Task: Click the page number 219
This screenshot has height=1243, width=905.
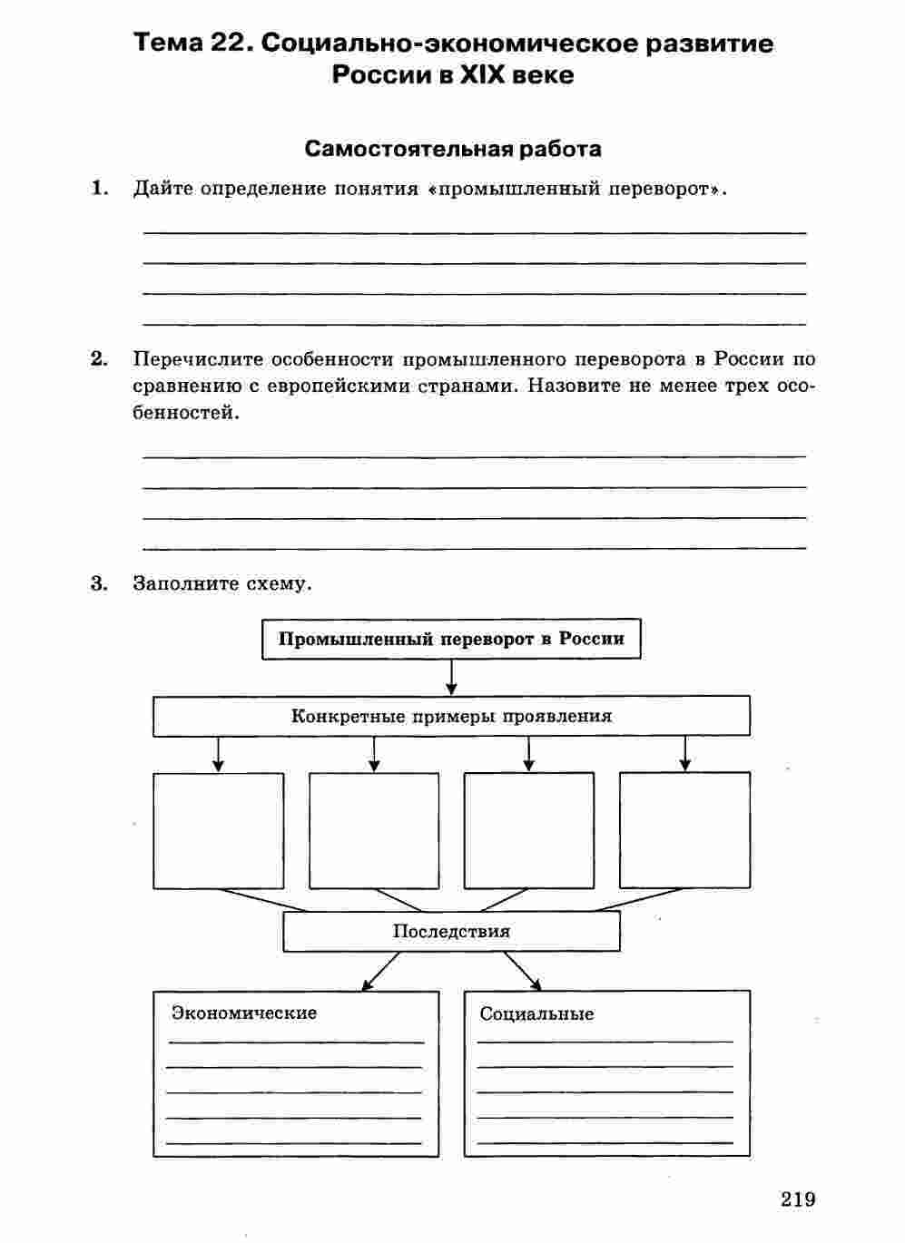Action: click(x=798, y=1199)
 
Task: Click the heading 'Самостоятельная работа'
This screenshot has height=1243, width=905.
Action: click(x=453, y=149)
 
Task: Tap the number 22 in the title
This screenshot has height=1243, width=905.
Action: click(x=226, y=43)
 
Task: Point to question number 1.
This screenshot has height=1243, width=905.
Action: click(x=100, y=189)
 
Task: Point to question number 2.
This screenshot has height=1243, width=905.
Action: click(x=100, y=359)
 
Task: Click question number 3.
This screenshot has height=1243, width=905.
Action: click(x=100, y=583)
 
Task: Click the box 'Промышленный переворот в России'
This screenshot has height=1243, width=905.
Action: click(x=451, y=639)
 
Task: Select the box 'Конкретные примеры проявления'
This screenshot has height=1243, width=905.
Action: click(x=451, y=716)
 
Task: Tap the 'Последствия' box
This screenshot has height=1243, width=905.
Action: click(x=451, y=932)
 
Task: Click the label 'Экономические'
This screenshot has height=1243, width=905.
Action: click(x=244, y=1013)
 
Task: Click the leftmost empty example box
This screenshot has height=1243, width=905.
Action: click(x=218, y=830)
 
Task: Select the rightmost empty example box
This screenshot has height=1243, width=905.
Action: click(x=684, y=830)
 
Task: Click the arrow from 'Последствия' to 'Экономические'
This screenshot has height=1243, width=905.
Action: click(x=380, y=971)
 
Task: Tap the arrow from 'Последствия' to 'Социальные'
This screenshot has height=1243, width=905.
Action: click(x=523, y=971)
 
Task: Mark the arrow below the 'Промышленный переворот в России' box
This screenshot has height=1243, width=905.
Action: click(x=451, y=677)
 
